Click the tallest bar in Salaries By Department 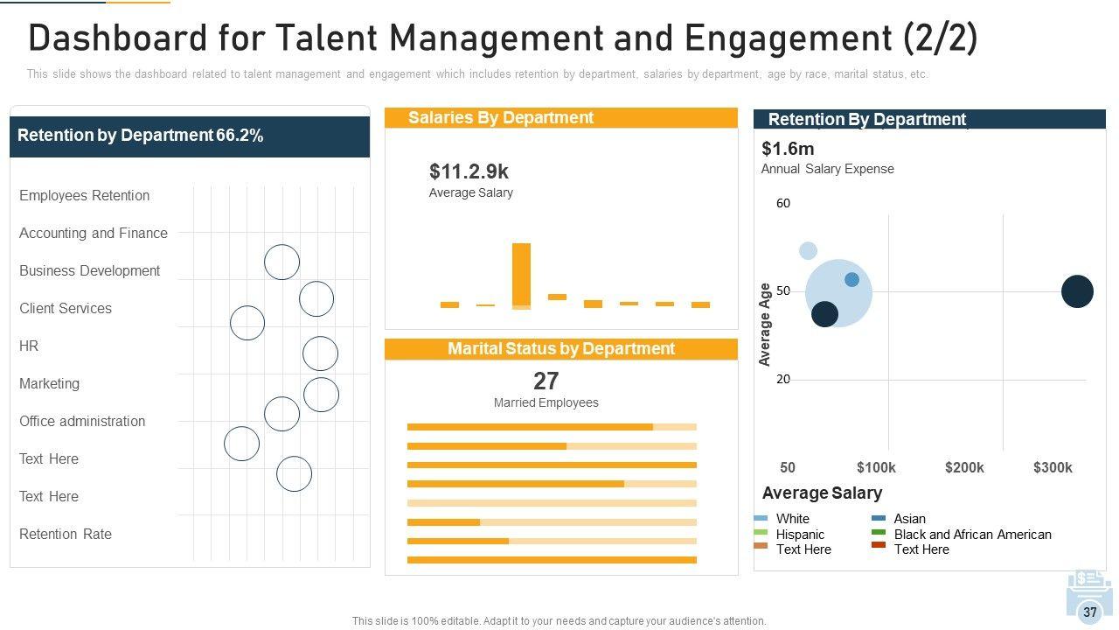[521, 275]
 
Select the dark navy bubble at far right [1077, 291]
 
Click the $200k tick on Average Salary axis [964, 467]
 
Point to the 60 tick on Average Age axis [783, 203]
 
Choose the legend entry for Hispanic [800, 535]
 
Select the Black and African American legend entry [972, 535]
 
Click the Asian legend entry [909, 519]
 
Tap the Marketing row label [49, 383]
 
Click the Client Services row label [66, 308]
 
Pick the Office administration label [82, 421]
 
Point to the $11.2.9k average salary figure [469, 171]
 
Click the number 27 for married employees [546, 381]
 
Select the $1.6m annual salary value [788, 149]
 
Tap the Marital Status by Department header [561, 348]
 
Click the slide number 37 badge [1089, 612]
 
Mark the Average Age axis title [765, 325]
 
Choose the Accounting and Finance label [94, 233]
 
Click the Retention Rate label [66, 534]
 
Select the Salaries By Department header [501, 117]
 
